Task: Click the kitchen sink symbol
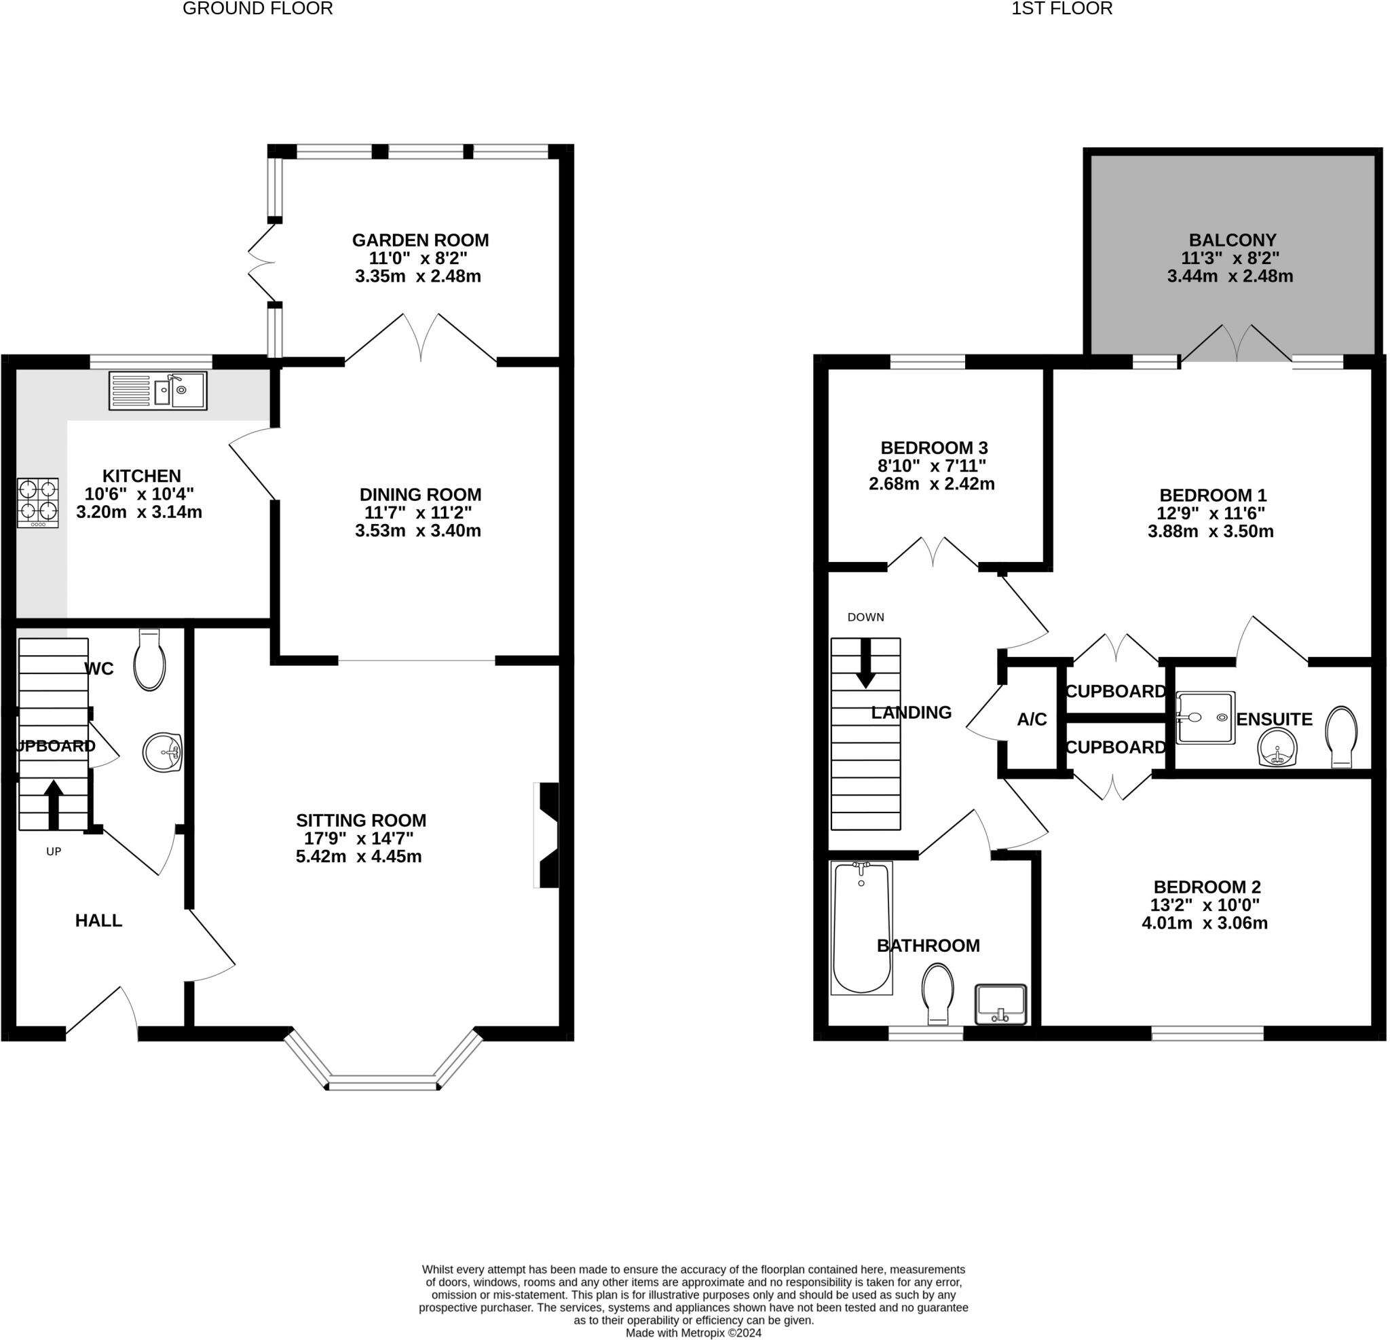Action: coord(157,390)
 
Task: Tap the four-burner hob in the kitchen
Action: coord(37,502)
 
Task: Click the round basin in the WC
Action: coord(162,753)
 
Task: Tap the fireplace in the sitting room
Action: coord(548,835)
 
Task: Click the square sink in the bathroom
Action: coord(1000,1004)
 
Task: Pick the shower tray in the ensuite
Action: coord(1205,718)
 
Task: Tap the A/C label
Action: coord(1032,720)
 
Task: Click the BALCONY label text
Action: coord(1233,240)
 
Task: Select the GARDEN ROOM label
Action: coord(421,240)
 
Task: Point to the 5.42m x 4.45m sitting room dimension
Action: coord(359,856)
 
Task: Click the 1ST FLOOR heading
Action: coord(1062,9)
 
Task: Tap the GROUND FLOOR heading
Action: coord(257,9)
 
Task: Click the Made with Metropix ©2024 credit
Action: coord(693,1333)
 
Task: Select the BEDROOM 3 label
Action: coord(934,447)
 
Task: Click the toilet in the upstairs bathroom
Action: coord(937,994)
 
